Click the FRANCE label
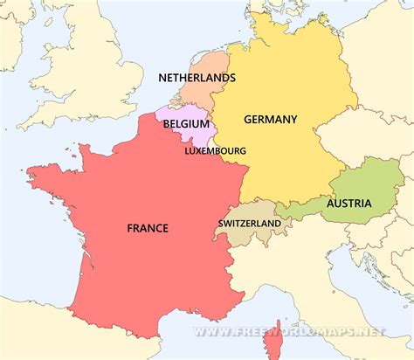148,228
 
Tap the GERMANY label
271,120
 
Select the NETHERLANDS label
197,78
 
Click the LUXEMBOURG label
215,150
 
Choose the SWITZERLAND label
249,223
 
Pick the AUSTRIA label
349,204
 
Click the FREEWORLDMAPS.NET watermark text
288,332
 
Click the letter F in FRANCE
130,228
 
